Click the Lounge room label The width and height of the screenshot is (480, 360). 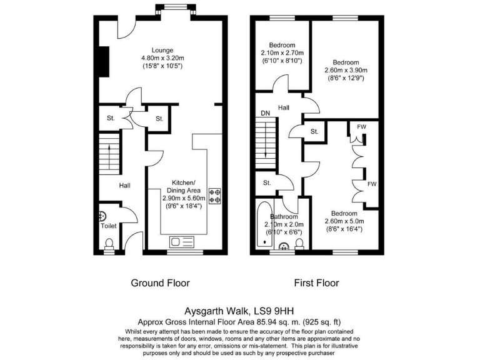(161, 50)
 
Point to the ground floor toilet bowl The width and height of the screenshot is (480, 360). (109, 244)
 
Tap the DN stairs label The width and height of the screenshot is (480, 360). (265, 113)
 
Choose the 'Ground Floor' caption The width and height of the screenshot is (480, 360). (160, 283)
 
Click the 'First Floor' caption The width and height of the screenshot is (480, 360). (316, 283)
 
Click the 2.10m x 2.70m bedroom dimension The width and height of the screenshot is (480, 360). (282, 52)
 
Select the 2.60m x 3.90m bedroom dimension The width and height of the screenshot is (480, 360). (346, 71)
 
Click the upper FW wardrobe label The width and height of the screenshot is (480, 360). (361, 126)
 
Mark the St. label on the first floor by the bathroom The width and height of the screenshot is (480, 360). (267, 183)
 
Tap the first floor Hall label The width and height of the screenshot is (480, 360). (284, 108)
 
